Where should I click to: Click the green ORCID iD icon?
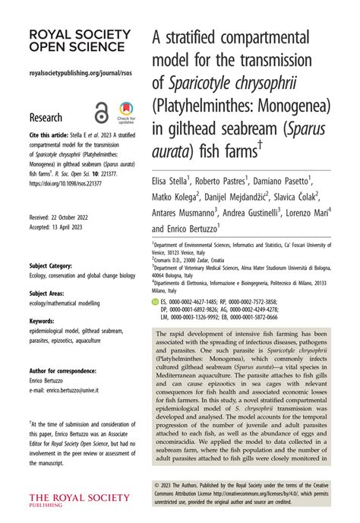click(x=156, y=302)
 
